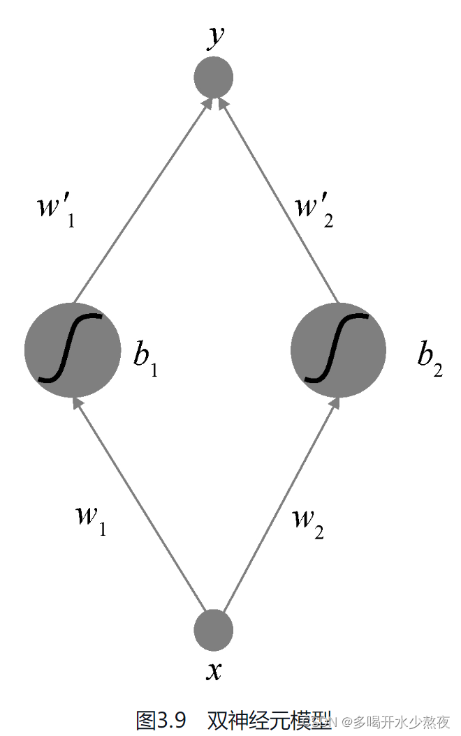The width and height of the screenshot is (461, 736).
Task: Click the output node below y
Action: click(x=213, y=77)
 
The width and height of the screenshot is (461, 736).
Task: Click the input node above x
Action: click(x=213, y=629)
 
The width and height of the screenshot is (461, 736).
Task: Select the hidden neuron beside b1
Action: click(x=72, y=350)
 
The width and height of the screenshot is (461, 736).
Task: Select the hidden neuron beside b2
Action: click(x=338, y=350)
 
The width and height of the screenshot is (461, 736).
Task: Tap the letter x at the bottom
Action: click(x=214, y=671)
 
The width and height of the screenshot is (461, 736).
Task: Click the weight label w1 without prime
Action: click(x=90, y=518)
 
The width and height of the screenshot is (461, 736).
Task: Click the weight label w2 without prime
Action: click(x=307, y=521)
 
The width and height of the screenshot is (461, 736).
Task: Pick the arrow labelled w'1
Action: click(x=140, y=202)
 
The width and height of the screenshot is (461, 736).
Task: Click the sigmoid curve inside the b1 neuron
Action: click(x=70, y=349)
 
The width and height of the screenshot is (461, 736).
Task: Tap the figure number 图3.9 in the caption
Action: click(x=161, y=719)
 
